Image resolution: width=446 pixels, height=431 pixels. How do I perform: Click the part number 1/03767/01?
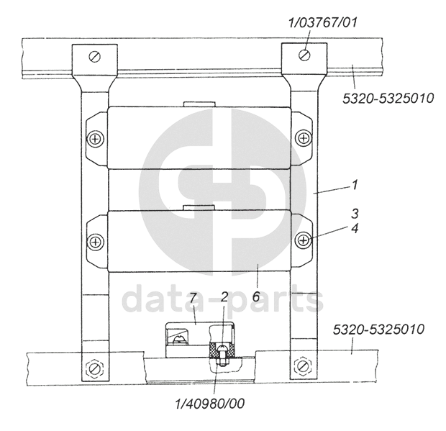(323, 22)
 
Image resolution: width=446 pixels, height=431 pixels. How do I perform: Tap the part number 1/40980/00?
(210, 404)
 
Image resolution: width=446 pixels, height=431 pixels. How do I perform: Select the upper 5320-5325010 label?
(388, 99)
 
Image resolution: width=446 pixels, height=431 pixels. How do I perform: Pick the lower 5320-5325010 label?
(378, 329)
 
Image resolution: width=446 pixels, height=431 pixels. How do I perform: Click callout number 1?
(355, 185)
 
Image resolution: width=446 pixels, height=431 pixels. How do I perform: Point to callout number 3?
(355, 214)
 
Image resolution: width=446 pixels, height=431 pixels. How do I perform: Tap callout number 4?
(355, 228)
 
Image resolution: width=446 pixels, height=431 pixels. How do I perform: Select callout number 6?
(256, 296)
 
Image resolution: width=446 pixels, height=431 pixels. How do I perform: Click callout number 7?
(193, 299)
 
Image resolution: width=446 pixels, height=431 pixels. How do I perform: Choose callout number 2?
(224, 297)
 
